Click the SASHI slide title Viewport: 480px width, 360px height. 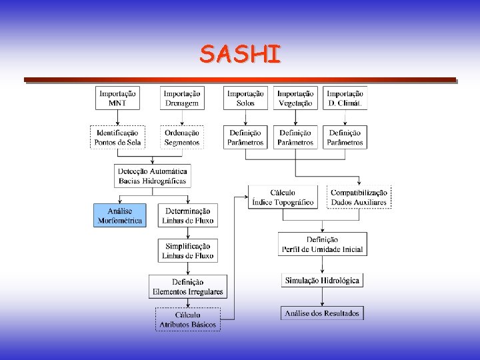click(240, 54)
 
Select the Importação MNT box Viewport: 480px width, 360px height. click(117, 98)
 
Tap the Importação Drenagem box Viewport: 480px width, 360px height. click(181, 98)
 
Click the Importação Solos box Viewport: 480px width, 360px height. click(245, 98)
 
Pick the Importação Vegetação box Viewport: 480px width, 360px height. click(295, 98)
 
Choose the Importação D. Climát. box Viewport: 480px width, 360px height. click(345, 98)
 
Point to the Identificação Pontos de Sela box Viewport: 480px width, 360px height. click(117, 137)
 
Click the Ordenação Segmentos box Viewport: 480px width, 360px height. click(181, 137)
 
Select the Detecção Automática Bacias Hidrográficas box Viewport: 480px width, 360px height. click(153, 175)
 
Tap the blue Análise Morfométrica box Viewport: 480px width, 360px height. click(119, 215)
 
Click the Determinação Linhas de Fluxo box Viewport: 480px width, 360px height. click(188, 215)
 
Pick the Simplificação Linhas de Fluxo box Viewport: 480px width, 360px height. click(188, 251)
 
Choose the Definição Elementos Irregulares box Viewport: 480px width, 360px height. click(188, 287)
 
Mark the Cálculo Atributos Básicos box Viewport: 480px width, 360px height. click(188, 319)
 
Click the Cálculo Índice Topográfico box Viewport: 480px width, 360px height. click(283, 197)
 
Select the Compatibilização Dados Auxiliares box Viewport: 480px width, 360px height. click(359, 197)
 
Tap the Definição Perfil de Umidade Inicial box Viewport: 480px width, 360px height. click(322, 244)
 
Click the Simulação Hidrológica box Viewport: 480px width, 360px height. click(322, 281)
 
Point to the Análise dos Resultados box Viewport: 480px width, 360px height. click(322, 313)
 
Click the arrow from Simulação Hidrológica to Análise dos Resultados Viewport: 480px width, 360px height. click(322, 297)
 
